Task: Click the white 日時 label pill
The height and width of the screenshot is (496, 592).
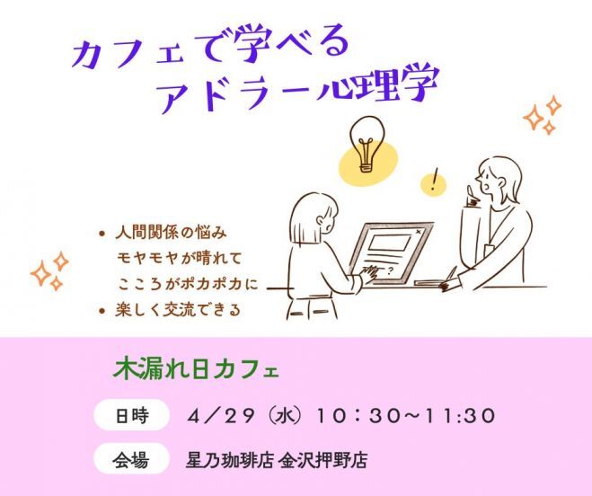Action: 131,417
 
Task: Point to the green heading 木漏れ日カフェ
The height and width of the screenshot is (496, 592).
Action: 195,369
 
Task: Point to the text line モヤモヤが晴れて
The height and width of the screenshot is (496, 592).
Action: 181,259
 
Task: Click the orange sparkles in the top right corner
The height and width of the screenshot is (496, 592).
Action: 543,115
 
